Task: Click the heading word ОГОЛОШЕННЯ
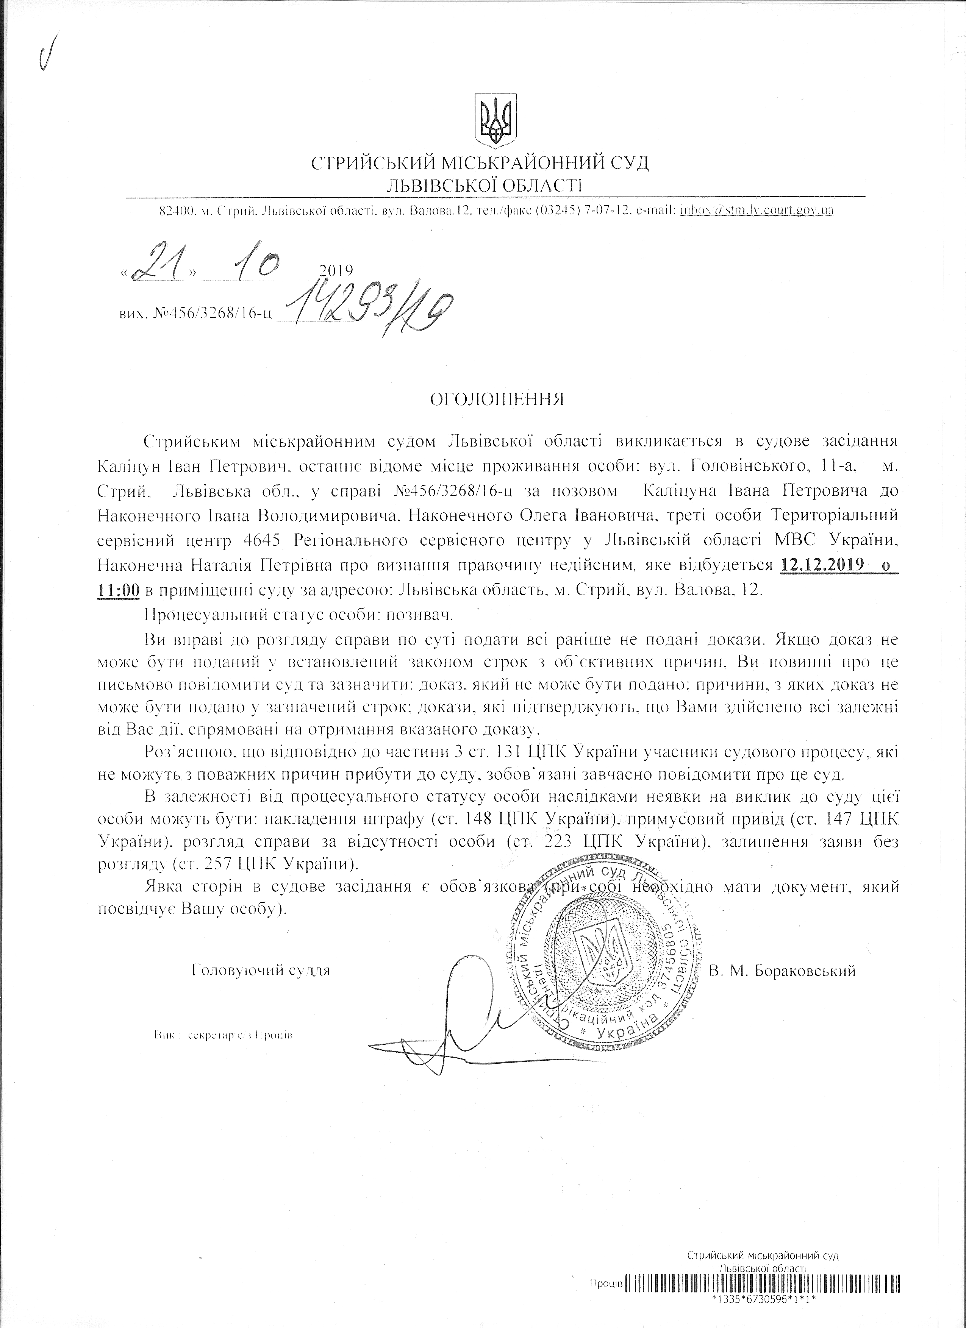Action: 497,400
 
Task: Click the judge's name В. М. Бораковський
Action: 782,970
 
